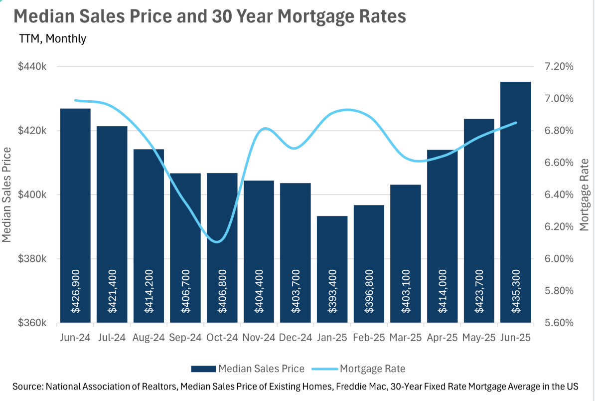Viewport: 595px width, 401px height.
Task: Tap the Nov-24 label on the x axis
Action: [x=259, y=338]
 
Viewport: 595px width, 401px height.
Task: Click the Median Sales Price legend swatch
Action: [x=203, y=369]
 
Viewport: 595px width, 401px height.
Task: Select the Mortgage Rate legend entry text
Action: [x=372, y=369]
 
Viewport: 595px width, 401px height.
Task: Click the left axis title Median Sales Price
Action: [x=7, y=195]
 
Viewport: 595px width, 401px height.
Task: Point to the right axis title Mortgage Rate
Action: [x=584, y=195]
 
